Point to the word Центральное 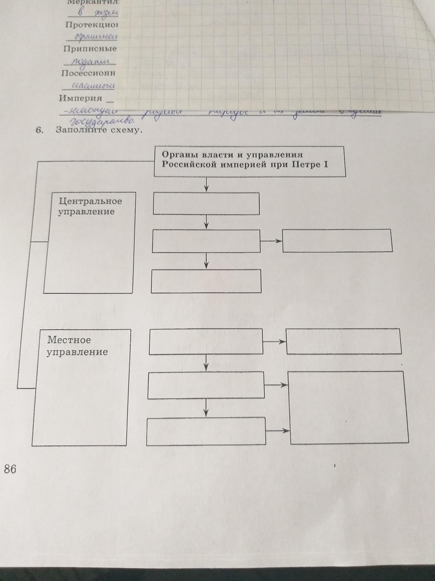[90, 201]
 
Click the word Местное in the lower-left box [69, 340]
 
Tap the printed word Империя [80, 98]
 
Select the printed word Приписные [90, 49]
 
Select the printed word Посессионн [88, 73]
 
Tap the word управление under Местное [77, 352]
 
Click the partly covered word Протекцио [91, 25]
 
